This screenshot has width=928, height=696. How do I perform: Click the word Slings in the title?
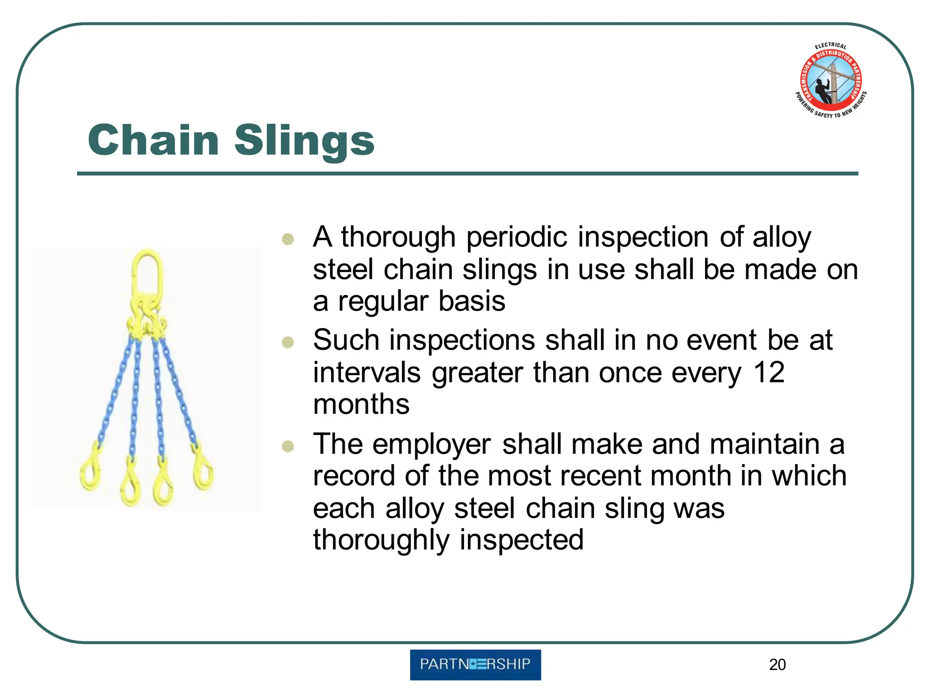tap(304, 141)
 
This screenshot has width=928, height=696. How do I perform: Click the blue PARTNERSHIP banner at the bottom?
tap(475, 664)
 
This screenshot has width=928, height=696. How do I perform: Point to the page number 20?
tap(777, 665)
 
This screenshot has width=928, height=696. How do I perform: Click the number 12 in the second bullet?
tap(768, 372)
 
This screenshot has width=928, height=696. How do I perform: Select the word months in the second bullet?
tap(361, 404)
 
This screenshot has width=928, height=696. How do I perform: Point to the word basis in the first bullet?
tap(472, 301)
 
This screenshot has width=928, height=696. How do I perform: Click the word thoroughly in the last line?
tap(381, 540)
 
